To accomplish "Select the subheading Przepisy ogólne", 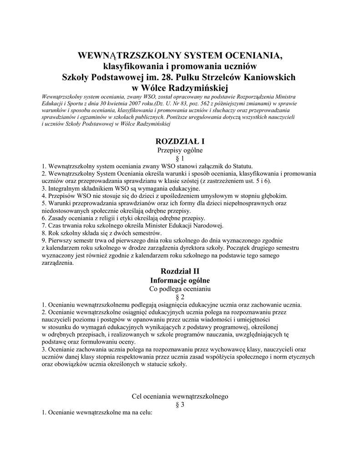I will (x=180, y=150).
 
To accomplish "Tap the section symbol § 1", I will (x=180, y=158).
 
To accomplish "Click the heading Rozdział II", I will (x=180, y=271).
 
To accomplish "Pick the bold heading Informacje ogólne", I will (x=180, y=280).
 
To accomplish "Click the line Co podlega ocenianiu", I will (x=180, y=289).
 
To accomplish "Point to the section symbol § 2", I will (x=180, y=297).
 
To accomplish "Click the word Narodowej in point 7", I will (x=208, y=225).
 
